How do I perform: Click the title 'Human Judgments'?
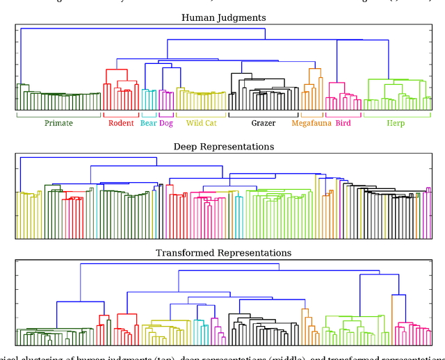tap(223, 17)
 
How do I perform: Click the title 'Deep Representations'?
tap(223, 147)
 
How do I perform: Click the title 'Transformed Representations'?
tap(223, 253)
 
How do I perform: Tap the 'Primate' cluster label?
tap(58, 124)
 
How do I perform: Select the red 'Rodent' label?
tap(121, 124)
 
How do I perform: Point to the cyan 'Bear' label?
tap(148, 124)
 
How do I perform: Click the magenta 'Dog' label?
tap(165, 124)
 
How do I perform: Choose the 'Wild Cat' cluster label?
tap(201, 124)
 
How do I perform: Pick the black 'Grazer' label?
tap(264, 124)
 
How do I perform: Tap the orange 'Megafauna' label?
tap(311, 124)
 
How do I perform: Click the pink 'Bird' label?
tap(343, 124)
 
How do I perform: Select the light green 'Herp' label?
tap(394, 124)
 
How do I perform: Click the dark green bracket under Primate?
tap(58, 115)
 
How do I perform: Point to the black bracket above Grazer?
tap(264, 115)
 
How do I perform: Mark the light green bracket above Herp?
tap(394, 115)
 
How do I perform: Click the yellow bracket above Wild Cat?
tap(201, 115)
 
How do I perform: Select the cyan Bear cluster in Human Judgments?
tap(149, 97)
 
